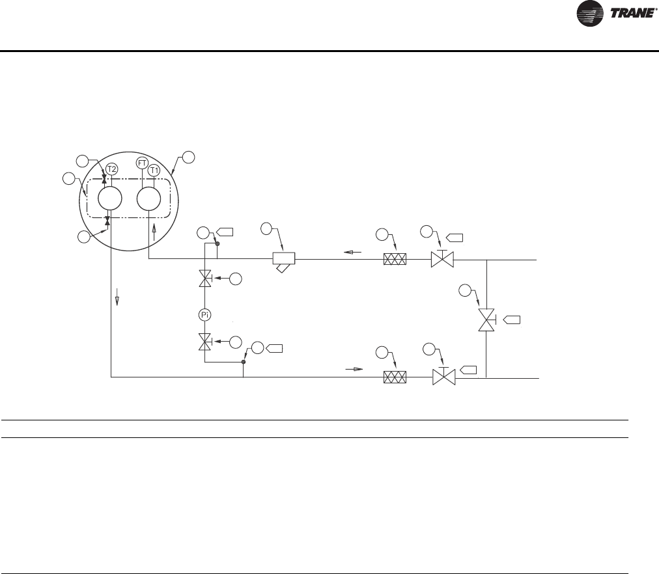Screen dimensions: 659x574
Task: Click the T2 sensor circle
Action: (111, 169)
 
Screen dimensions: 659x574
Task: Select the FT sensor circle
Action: (142, 162)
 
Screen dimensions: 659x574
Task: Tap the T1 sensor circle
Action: (154, 170)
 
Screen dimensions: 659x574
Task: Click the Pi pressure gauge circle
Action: (204, 315)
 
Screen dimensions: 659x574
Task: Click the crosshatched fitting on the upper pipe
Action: (395, 260)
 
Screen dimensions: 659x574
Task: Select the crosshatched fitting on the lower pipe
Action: (395, 377)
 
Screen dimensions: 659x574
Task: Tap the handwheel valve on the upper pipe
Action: (443, 260)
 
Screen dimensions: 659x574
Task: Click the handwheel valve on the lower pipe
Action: (443, 377)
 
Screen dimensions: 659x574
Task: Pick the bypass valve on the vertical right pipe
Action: (486, 320)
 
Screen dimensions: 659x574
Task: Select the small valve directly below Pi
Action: (204, 341)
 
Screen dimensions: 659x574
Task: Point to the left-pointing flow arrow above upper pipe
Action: (353, 252)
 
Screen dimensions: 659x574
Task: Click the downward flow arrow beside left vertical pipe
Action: (118, 299)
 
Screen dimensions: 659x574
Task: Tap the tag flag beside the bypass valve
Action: (512, 320)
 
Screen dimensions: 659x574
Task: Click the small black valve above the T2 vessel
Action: (104, 178)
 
